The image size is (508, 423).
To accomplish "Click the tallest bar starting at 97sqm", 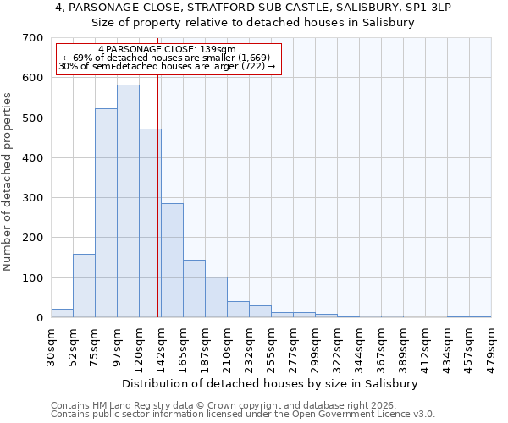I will point(128,201).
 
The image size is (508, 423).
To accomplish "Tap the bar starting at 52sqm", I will point(84,286).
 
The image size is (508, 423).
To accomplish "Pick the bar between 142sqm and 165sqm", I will point(172,261).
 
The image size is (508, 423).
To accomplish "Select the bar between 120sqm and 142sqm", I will point(150,223).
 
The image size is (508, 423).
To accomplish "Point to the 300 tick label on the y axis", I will point(33,198).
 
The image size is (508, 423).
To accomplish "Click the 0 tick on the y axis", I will point(39,318).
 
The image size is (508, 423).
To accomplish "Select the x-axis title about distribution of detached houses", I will point(270,383).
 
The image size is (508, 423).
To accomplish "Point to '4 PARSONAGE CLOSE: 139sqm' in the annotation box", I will point(167,50).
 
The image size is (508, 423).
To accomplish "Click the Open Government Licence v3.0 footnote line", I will point(243,415).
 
